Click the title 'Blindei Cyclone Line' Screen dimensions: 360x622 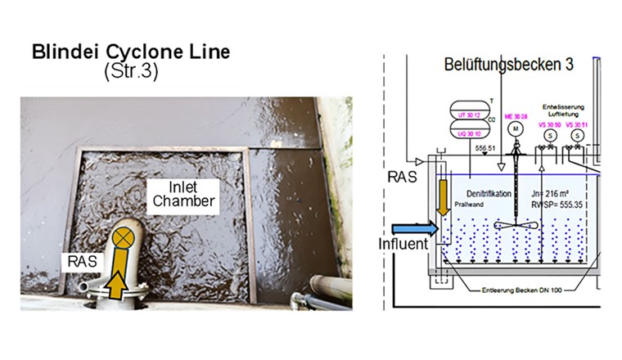point(131,53)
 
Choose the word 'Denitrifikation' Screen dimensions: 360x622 point(482,195)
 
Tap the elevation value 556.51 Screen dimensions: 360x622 point(487,149)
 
